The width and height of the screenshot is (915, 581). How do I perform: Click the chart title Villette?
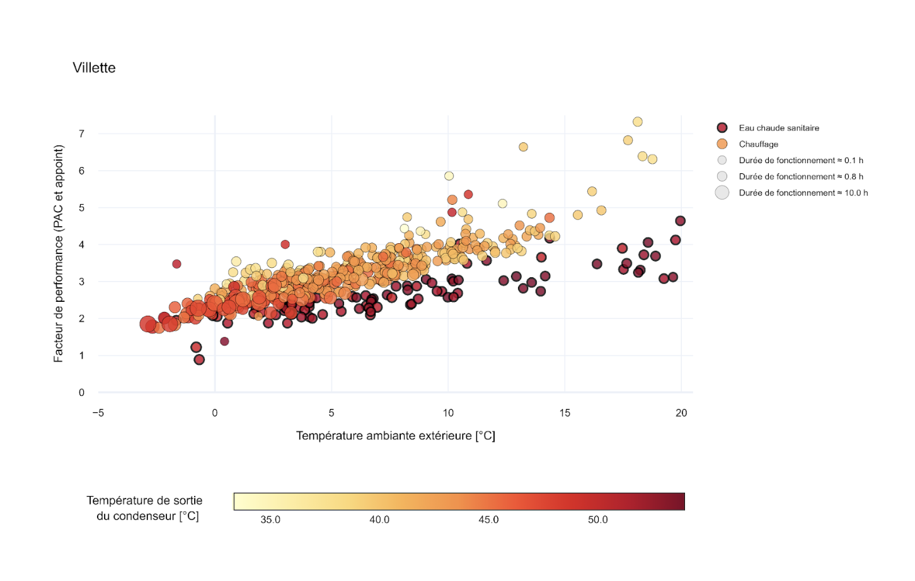pyautogui.click(x=94, y=68)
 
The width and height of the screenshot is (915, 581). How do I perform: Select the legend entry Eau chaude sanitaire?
pyautogui.click(x=778, y=128)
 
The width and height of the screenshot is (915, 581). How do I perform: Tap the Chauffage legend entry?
pyautogui.click(x=758, y=144)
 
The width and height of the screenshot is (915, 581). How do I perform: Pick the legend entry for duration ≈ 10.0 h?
pyautogui.click(x=803, y=193)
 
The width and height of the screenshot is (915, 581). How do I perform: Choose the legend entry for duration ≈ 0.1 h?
pyautogui.click(x=800, y=161)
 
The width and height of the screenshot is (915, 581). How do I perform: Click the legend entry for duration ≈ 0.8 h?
pyautogui.click(x=800, y=176)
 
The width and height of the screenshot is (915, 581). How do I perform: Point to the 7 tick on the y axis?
pyautogui.click(x=81, y=134)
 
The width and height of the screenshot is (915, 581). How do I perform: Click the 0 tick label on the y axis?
pyautogui.click(x=81, y=393)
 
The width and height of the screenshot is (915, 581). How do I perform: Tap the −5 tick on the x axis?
pyautogui.click(x=98, y=413)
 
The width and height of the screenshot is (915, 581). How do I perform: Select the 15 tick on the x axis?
pyautogui.click(x=565, y=413)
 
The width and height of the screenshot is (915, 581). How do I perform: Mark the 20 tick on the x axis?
pyautogui.click(x=681, y=413)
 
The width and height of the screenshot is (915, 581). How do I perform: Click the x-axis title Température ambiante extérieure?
pyautogui.click(x=396, y=435)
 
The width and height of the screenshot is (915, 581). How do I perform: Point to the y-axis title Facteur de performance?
pyautogui.click(x=59, y=253)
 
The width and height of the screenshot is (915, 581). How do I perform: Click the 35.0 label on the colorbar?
pyautogui.click(x=270, y=520)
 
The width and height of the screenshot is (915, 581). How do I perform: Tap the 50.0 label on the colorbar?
pyautogui.click(x=598, y=520)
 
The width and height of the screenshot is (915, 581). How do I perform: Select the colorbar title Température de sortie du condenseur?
pyautogui.click(x=145, y=508)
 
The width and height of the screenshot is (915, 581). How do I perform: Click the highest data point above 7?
pyautogui.click(x=638, y=122)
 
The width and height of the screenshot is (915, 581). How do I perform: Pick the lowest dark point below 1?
pyautogui.click(x=199, y=360)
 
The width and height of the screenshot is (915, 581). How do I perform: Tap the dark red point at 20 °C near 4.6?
pyautogui.click(x=680, y=221)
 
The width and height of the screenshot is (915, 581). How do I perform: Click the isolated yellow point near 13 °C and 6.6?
pyautogui.click(x=523, y=147)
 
